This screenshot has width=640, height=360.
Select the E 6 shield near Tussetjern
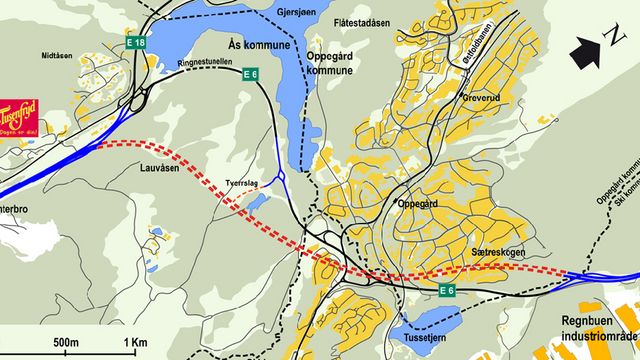coord(447,290)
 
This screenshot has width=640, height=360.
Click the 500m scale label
coord(66,343)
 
